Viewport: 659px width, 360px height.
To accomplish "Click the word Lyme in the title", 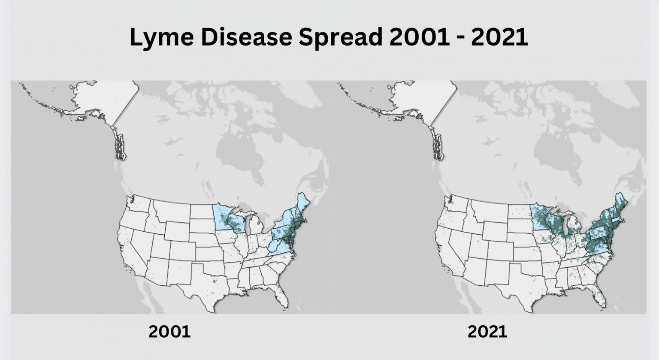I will (x=161, y=37).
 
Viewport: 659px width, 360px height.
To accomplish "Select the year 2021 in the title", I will (x=499, y=37).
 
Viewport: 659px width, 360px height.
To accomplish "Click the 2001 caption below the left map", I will (x=169, y=331).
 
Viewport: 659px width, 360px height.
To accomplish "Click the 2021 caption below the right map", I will (x=487, y=331).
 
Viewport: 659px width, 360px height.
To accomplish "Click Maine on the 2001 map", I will (x=304, y=204).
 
